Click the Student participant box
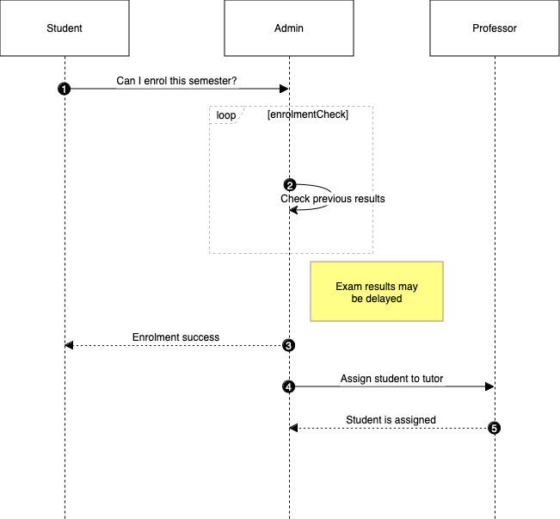(x=65, y=28)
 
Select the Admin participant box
(x=288, y=28)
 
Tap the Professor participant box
(x=495, y=28)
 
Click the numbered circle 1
(x=65, y=89)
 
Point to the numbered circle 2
(x=290, y=185)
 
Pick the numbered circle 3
(x=289, y=345)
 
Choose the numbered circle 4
(x=289, y=386)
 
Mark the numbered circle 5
(x=494, y=428)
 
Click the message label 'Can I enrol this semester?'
(x=177, y=82)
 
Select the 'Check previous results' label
(x=332, y=199)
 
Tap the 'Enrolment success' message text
(x=175, y=337)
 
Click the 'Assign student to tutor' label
(x=391, y=379)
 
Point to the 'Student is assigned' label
(x=391, y=420)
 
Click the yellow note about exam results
(x=377, y=292)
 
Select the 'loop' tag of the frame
(x=225, y=114)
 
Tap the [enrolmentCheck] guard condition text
(x=308, y=114)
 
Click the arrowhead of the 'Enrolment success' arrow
(x=70, y=345)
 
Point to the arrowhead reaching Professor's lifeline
(x=489, y=386)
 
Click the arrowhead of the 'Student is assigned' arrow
(x=294, y=428)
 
